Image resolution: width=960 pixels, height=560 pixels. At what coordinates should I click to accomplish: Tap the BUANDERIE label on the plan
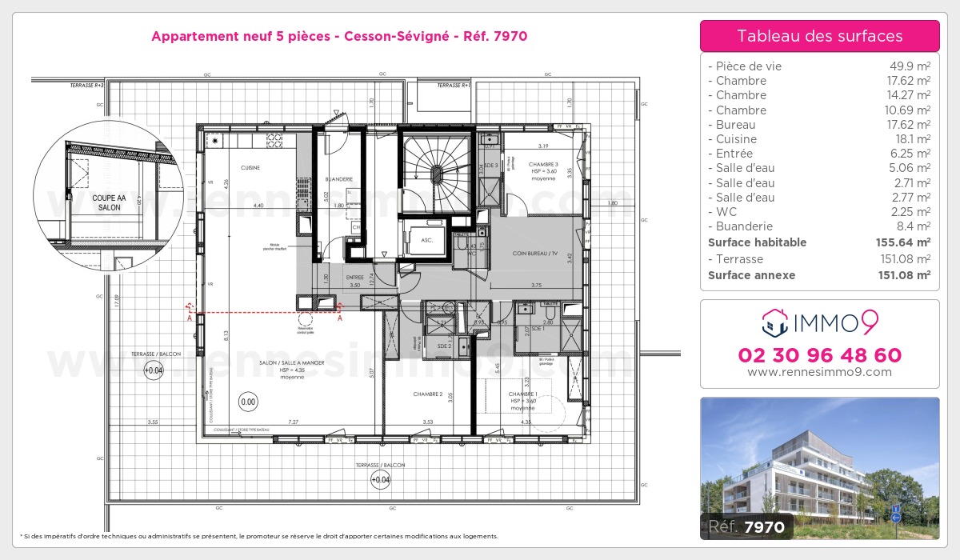coord(339,179)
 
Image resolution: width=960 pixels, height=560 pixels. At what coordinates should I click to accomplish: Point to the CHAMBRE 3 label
coord(542,164)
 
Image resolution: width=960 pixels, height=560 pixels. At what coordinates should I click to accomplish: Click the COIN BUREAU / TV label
coord(536,254)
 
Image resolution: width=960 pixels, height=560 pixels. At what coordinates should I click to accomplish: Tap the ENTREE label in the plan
coord(354,277)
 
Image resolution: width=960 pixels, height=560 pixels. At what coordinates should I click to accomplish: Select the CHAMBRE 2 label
coord(428,394)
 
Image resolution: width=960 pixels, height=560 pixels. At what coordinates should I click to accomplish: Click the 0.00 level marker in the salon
coord(248,402)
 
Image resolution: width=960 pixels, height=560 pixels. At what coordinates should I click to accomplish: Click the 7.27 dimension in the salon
coord(294,422)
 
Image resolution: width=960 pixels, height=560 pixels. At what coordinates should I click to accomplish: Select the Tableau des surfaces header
coord(819,36)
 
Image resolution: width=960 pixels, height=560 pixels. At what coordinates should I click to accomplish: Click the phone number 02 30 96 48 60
coord(819,355)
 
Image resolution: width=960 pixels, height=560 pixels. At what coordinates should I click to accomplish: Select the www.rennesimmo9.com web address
coord(819,372)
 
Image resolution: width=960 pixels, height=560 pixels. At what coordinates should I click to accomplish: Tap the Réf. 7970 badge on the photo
coord(747,527)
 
